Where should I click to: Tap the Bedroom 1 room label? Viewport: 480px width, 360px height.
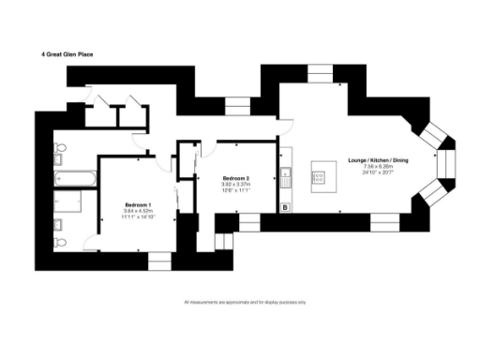point(138,204)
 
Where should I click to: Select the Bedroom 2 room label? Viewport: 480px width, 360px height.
point(234,178)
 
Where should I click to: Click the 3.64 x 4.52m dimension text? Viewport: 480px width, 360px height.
point(138,211)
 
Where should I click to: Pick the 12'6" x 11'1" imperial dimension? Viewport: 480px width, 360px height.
point(234,190)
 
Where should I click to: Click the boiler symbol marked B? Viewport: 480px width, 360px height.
point(285,206)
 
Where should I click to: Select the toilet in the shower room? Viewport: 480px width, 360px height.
point(60,242)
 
